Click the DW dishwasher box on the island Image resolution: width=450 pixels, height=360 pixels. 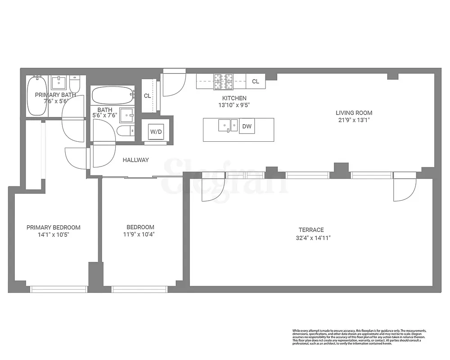[247, 127]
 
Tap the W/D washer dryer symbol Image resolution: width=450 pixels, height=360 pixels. [156, 132]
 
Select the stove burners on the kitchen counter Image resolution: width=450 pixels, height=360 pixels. [224, 81]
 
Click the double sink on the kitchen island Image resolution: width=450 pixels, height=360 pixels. [228, 126]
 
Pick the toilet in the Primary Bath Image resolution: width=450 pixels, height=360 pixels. [75, 84]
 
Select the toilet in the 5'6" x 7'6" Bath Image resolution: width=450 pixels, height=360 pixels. [124, 131]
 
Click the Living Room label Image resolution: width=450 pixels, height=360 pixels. [354, 113]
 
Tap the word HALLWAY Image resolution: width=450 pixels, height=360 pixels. [135, 160]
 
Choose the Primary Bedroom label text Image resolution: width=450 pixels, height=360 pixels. [53, 227]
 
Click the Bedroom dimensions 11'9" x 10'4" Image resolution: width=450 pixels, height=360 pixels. [140, 234]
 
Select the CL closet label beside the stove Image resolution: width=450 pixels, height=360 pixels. [256, 81]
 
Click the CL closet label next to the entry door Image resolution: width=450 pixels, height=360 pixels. [147, 96]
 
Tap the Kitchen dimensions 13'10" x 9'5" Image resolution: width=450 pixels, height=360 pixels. [234, 105]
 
